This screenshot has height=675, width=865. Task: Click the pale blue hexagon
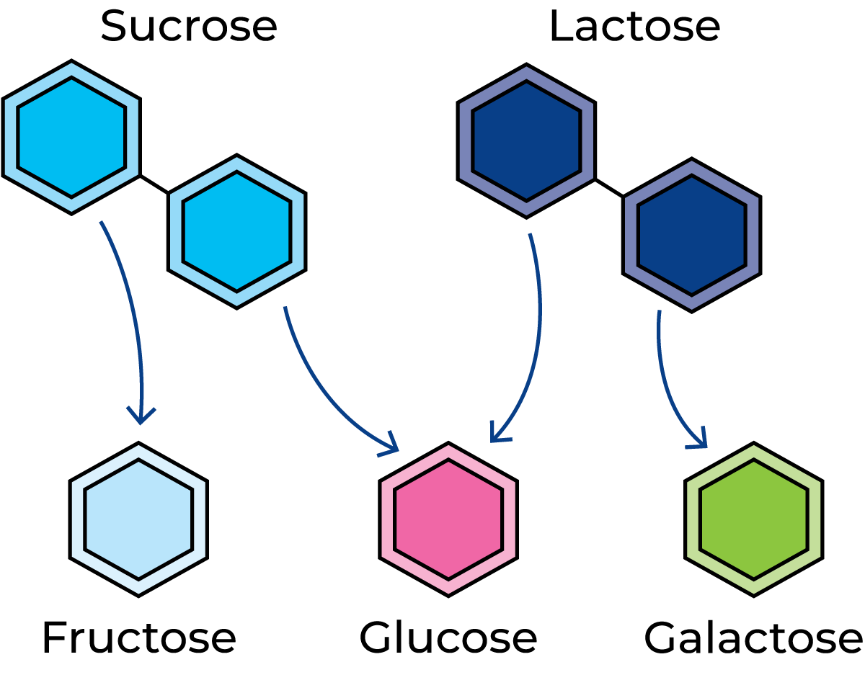tap(138, 519)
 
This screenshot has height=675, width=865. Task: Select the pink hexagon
tap(448, 519)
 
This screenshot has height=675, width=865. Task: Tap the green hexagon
tap(754, 519)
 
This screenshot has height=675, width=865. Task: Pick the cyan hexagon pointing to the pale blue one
tap(71, 137)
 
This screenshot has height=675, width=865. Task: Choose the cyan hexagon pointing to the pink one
tap(236, 231)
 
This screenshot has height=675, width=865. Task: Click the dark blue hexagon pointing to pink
tap(526, 140)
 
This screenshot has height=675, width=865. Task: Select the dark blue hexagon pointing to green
tap(691, 235)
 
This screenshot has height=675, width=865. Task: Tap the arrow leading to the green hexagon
tap(667, 389)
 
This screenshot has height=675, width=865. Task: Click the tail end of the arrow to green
tap(659, 313)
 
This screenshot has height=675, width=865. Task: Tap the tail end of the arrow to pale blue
tap(102, 223)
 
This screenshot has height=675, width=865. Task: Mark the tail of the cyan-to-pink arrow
tap(285, 309)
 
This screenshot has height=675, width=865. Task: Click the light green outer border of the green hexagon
tap(814, 519)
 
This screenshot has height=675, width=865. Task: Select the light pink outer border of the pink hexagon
tap(508, 519)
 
